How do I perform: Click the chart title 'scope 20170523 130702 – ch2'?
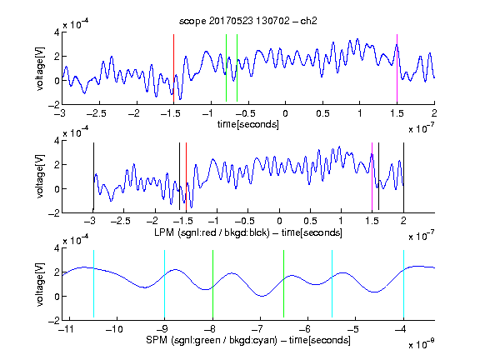coord(248,21)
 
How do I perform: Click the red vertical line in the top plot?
coord(173,68)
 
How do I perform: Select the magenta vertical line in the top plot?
coord(397,68)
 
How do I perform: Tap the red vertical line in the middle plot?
coord(186,177)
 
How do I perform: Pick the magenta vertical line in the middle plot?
coord(372,177)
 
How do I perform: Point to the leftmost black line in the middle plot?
coord(93,177)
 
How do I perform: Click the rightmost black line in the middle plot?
coord(403,177)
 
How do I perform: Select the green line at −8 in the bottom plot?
coord(212,284)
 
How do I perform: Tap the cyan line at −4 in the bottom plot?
coord(403,284)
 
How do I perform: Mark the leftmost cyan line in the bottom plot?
coord(93,284)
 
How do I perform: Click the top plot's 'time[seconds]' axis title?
coord(248,124)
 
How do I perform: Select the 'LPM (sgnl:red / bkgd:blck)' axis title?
coord(212,232)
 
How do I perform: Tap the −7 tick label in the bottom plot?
coord(260,329)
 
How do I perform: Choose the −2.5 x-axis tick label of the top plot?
coord(97,113)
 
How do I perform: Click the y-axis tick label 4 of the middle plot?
coord(57,141)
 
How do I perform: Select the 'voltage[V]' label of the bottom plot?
coord(40,284)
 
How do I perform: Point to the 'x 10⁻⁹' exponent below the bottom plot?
coord(422,344)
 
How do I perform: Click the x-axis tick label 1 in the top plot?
coord(360,113)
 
